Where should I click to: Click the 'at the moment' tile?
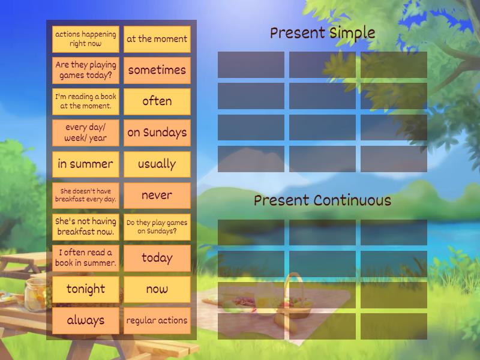157,39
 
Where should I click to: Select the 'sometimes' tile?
157,70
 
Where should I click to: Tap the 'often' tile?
157,101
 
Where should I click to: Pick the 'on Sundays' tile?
157,133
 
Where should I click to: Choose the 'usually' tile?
157,164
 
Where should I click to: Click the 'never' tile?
157,195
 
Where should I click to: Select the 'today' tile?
157,258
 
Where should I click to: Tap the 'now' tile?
157,289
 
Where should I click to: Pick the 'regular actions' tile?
157,320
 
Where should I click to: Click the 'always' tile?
85,320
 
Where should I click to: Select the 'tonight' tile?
85,289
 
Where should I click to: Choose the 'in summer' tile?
85,164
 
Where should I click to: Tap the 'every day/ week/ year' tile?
85,133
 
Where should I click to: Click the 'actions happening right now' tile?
85,39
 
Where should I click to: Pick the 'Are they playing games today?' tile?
85,70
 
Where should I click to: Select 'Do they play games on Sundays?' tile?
157,227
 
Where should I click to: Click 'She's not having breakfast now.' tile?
85,227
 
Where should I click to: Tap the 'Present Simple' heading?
322,33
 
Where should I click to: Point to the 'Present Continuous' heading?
322,200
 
